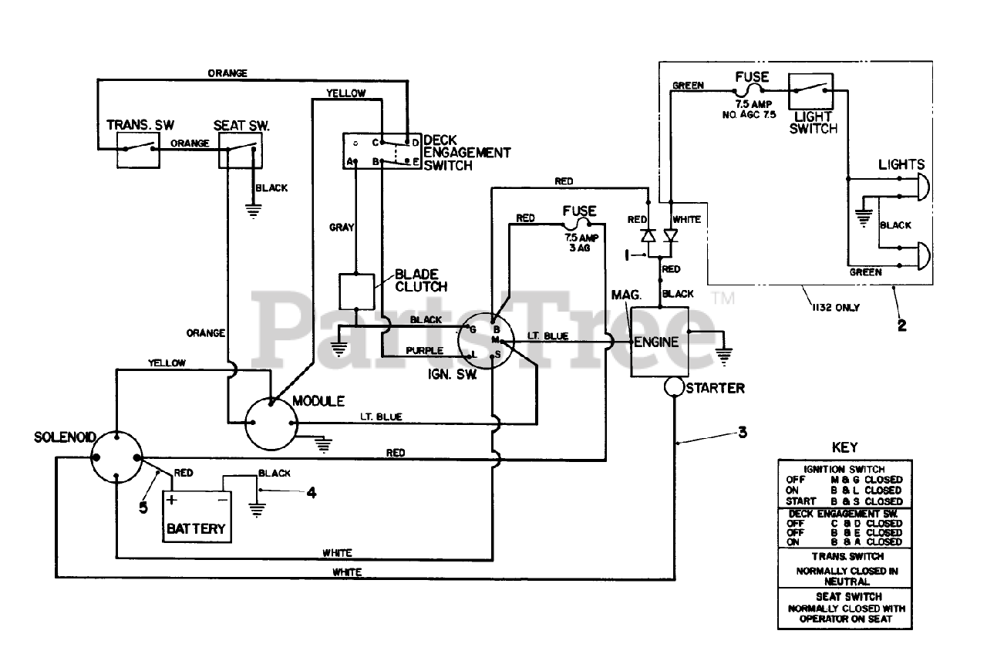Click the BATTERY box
tap(197, 517)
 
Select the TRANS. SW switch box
tap(138, 150)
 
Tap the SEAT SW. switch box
tap(241, 150)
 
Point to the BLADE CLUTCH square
tap(356, 292)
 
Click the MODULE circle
tap(271, 423)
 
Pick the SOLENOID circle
tap(116, 457)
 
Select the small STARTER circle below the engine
tap(674, 387)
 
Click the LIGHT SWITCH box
tap(810, 91)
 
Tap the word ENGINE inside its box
tap(656, 342)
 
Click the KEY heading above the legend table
tap(844, 447)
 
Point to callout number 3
tap(743, 433)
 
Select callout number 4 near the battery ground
tap(312, 493)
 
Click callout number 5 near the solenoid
tap(143, 508)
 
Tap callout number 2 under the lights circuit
tap(902, 325)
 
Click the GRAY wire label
tap(342, 228)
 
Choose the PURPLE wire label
tap(424, 351)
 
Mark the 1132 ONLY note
tap(836, 308)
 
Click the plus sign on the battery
tap(172, 500)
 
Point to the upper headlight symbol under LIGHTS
tap(924, 187)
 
